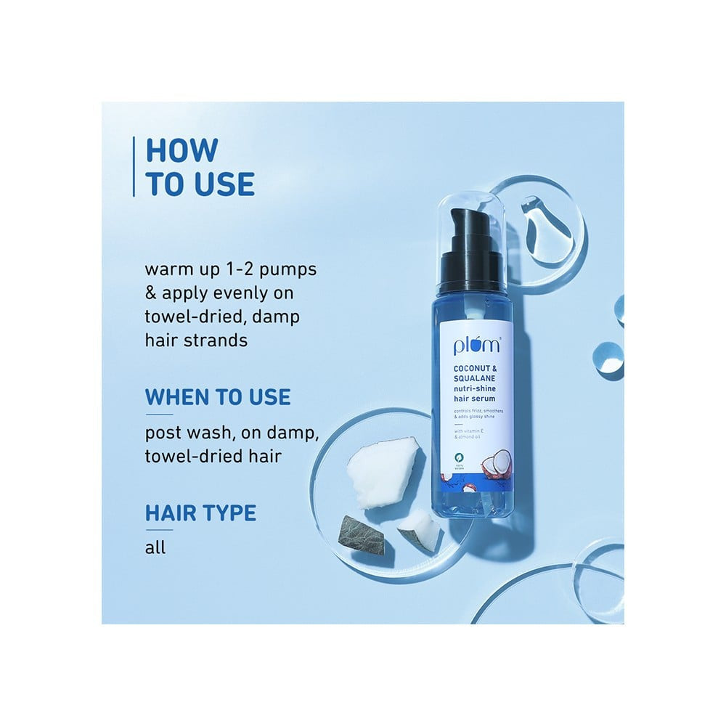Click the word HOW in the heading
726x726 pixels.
pos(181,150)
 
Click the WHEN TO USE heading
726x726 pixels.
pos(218,397)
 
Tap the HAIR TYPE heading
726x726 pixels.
pos(200,513)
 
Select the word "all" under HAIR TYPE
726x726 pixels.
pos(155,546)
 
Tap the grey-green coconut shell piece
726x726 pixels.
pos(363,535)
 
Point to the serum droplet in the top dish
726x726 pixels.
pos(544,229)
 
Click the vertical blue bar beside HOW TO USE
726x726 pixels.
pos(134,166)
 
